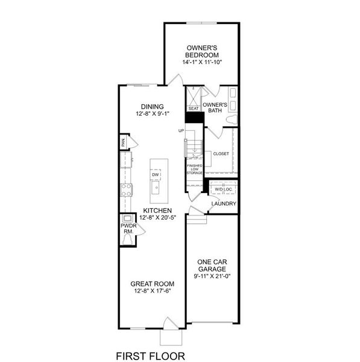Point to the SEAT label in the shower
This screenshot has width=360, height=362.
pos(194,109)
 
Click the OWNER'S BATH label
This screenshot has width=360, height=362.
pos(215,107)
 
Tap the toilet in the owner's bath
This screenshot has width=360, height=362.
pos(231,119)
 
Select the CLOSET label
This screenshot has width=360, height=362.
pos(221,154)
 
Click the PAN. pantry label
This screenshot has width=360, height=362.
pos(123,143)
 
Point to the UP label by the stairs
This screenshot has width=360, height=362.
pos(181,130)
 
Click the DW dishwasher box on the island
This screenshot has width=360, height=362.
pos(155,175)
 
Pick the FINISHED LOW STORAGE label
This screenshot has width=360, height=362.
pos(195,168)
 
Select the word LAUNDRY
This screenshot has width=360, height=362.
pos(223,204)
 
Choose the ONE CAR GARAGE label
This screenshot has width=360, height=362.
pos(211,265)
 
